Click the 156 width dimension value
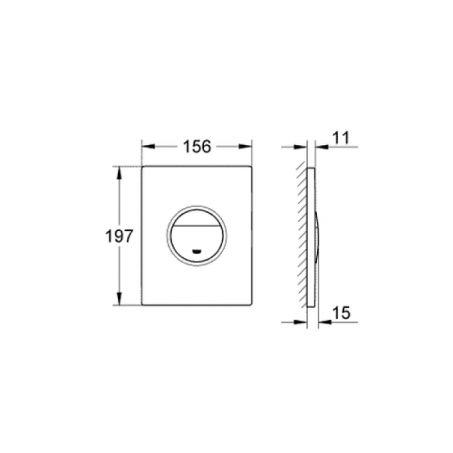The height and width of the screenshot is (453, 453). [197, 147]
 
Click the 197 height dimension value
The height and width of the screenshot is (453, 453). [119, 236]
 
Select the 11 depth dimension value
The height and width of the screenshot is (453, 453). [342, 138]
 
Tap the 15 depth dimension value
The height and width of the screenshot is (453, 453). [342, 313]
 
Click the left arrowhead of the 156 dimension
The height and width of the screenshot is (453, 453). [149, 147]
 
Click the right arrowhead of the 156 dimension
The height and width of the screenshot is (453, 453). [245, 147]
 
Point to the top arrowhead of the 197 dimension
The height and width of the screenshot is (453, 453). [120, 173]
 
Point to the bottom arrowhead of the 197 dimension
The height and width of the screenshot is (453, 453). [120, 298]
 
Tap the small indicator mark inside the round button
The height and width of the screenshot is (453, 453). [197, 251]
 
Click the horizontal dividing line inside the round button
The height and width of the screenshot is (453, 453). [197, 226]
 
